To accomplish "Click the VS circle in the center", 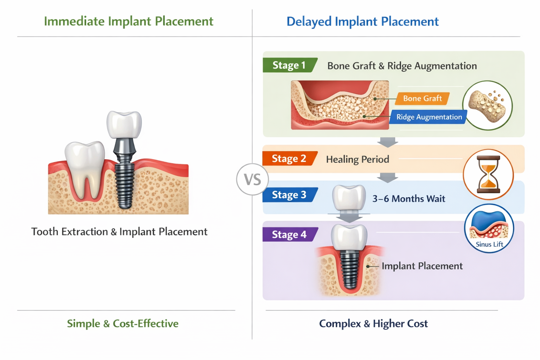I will tap(252, 180).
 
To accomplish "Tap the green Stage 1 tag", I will tap(289, 65).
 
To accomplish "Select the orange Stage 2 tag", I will tap(289, 159).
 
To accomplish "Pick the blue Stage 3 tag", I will tap(289, 195).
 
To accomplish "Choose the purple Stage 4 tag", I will tap(289, 234).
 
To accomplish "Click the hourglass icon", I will tap(488, 175).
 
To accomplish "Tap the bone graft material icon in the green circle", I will tap(488, 105).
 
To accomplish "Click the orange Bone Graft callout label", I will tap(422, 98).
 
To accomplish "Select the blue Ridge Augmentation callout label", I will tap(429, 117).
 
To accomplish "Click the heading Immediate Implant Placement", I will tap(129, 21).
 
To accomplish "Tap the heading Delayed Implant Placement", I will tap(362, 21).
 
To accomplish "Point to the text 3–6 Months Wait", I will tap(409, 199).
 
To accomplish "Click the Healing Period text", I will tap(358, 159).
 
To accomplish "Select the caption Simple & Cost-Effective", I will tap(123, 323).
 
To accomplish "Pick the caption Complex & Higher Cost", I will tap(373, 323).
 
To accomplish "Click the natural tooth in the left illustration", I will tap(85, 165).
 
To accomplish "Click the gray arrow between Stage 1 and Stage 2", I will tap(387, 142).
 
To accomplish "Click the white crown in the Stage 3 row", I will tap(349, 198).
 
